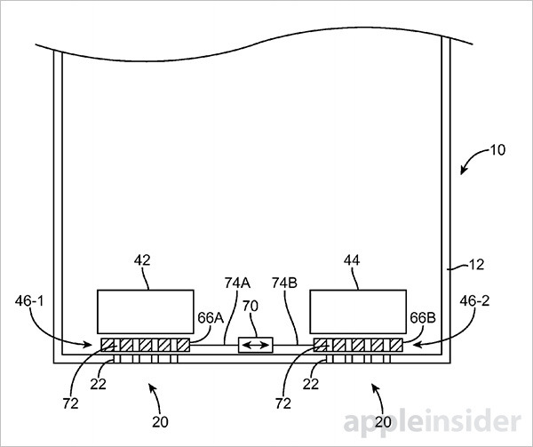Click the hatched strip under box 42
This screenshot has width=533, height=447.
pos(144,344)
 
